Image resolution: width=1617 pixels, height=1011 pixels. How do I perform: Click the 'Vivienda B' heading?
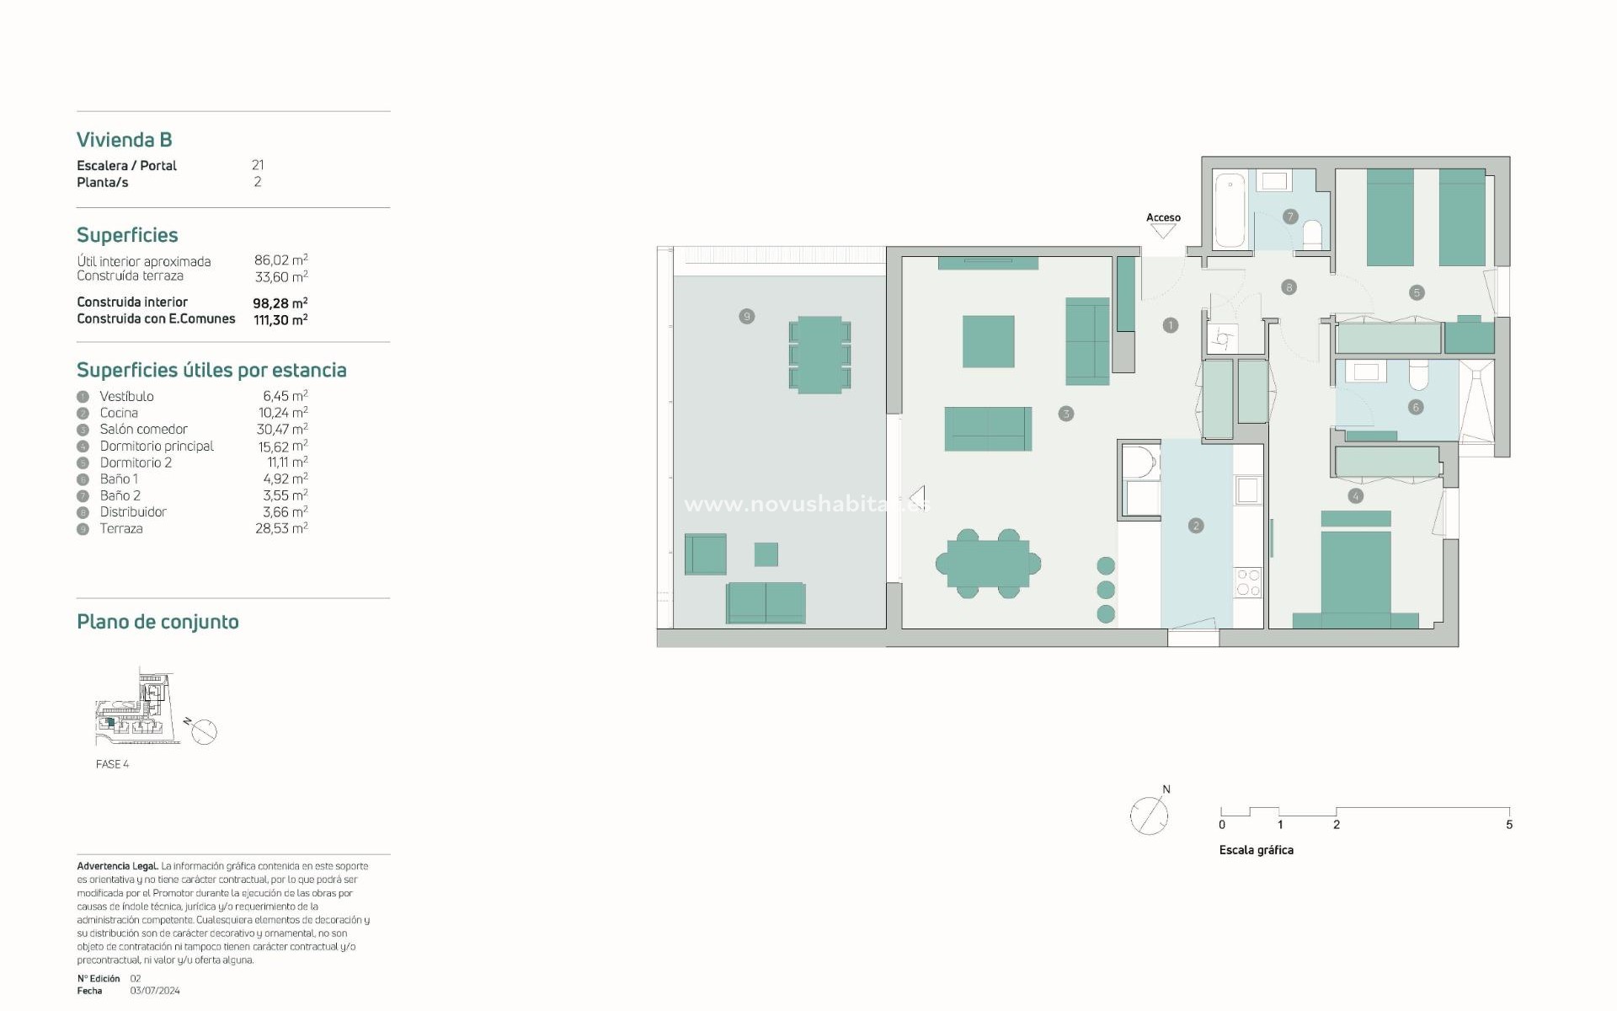pyautogui.click(x=124, y=140)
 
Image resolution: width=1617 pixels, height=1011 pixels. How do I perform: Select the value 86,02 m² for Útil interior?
pyautogui.click(x=280, y=260)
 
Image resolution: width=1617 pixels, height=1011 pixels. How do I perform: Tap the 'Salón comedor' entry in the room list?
pyautogui.click(x=143, y=429)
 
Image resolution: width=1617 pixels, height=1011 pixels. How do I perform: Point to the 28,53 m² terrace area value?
pyautogui.click(x=281, y=528)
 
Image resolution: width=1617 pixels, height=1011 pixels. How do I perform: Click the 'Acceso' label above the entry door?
pyautogui.click(x=1163, y=217)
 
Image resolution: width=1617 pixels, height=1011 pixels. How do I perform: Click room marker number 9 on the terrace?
pyautogui.click(x=746, y=317)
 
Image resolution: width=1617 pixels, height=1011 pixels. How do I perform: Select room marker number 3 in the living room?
pyautogui.click(x=1066, y=414)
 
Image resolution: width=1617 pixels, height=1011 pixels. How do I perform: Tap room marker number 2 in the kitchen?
pyautogui.click(x=1196, y=526)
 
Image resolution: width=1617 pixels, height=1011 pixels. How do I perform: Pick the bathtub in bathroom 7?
pyautogui.click(x=1230, y=210)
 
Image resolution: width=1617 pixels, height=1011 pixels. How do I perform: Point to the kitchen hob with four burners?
pyautogui.click(x=1247, y=582)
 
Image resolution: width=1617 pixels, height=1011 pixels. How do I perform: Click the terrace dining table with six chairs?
pyautogui.click(x=819, y=355)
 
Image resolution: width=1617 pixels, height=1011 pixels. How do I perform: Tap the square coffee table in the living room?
pyautogui.click(x=988, y=341)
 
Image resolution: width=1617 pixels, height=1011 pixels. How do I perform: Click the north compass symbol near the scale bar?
pyautogui.click(x=1149, y=815)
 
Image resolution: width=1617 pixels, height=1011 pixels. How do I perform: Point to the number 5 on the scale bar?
pyautogui.click(x=1509, y=825)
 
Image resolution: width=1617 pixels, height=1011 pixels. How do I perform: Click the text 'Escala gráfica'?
pyautogui.click(x=1256, y=850)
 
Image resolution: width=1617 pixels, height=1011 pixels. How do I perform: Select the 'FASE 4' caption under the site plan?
pyautogui.click(x=112, y=764)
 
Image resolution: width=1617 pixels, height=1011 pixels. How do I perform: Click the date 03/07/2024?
pyautogui.click(x=155, y=991)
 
